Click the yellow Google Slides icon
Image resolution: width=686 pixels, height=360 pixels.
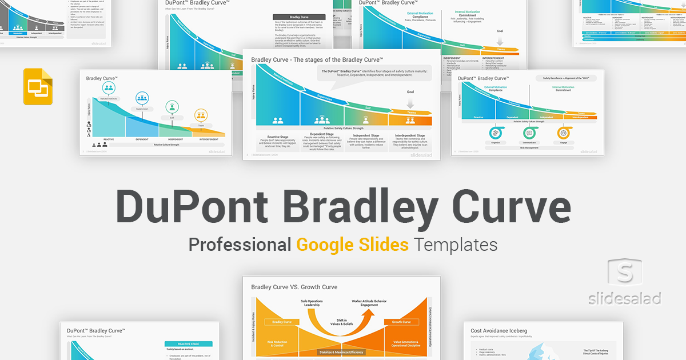(x=38, y=86)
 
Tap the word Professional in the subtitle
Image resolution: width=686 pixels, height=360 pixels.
(x=240, y=245)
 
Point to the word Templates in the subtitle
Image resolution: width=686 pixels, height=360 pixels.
(x=456, y=245)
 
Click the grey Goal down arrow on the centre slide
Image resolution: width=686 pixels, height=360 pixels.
(x=410, y=103)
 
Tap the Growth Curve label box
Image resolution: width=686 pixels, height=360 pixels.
(x=401, y=322)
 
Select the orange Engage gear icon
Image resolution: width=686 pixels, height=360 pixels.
(x=563, y=133)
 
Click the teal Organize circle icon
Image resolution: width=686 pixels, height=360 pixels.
(x=494, y=133)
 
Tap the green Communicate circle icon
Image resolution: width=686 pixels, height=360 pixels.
(x=529, y=133)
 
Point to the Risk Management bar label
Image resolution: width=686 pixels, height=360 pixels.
(x=529, y=147)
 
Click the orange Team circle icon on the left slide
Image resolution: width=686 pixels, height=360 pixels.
(x=201, y=114)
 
